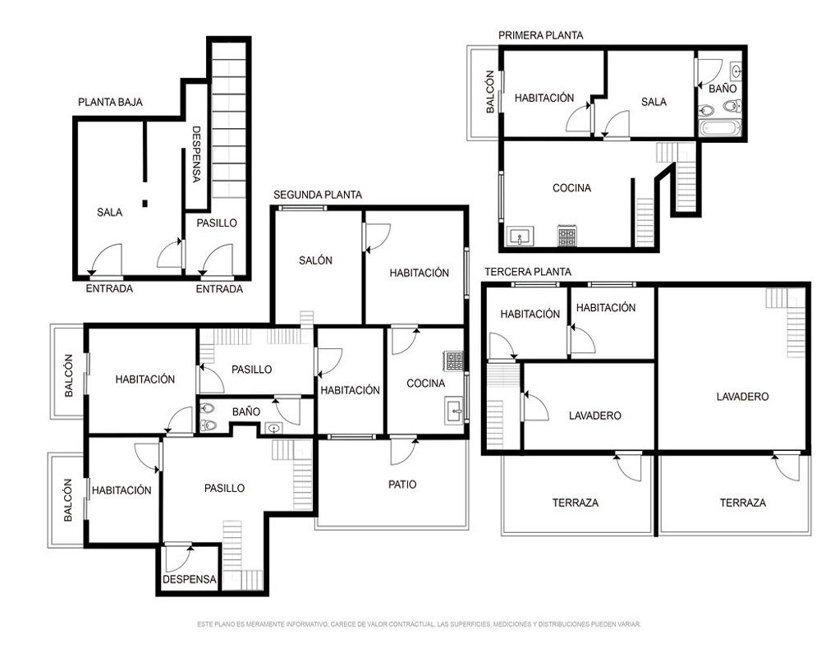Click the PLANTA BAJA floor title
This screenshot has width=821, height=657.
tap(110, 102)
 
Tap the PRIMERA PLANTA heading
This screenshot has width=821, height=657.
tap(540, 35)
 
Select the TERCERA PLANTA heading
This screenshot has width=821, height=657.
tap(527, 272)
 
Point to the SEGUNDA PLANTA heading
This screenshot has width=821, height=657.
tap(317, 195)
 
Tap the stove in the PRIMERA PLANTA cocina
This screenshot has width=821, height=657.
tap(566, 236)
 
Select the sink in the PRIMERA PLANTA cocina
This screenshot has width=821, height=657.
tap(520, 237)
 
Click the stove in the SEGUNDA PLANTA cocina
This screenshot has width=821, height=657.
tap(454, 361)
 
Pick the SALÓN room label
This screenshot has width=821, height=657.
tap(315, 260)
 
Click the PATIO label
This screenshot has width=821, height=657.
tap(402, 485)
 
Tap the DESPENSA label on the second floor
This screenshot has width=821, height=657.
tap(189, 580)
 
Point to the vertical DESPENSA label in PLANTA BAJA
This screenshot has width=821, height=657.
tap(196, 154)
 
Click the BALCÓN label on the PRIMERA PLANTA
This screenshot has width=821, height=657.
tap(490, 92)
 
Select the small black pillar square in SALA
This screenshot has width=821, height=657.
tap(145, 204)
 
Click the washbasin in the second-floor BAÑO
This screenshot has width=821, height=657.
tap(274, 428)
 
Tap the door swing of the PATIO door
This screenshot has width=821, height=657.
tap(404, 451)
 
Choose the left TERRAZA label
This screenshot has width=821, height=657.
tap(575, 503)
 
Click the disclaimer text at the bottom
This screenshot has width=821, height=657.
tap(419, 624)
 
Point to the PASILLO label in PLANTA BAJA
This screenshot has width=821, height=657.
tap(217, 223)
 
